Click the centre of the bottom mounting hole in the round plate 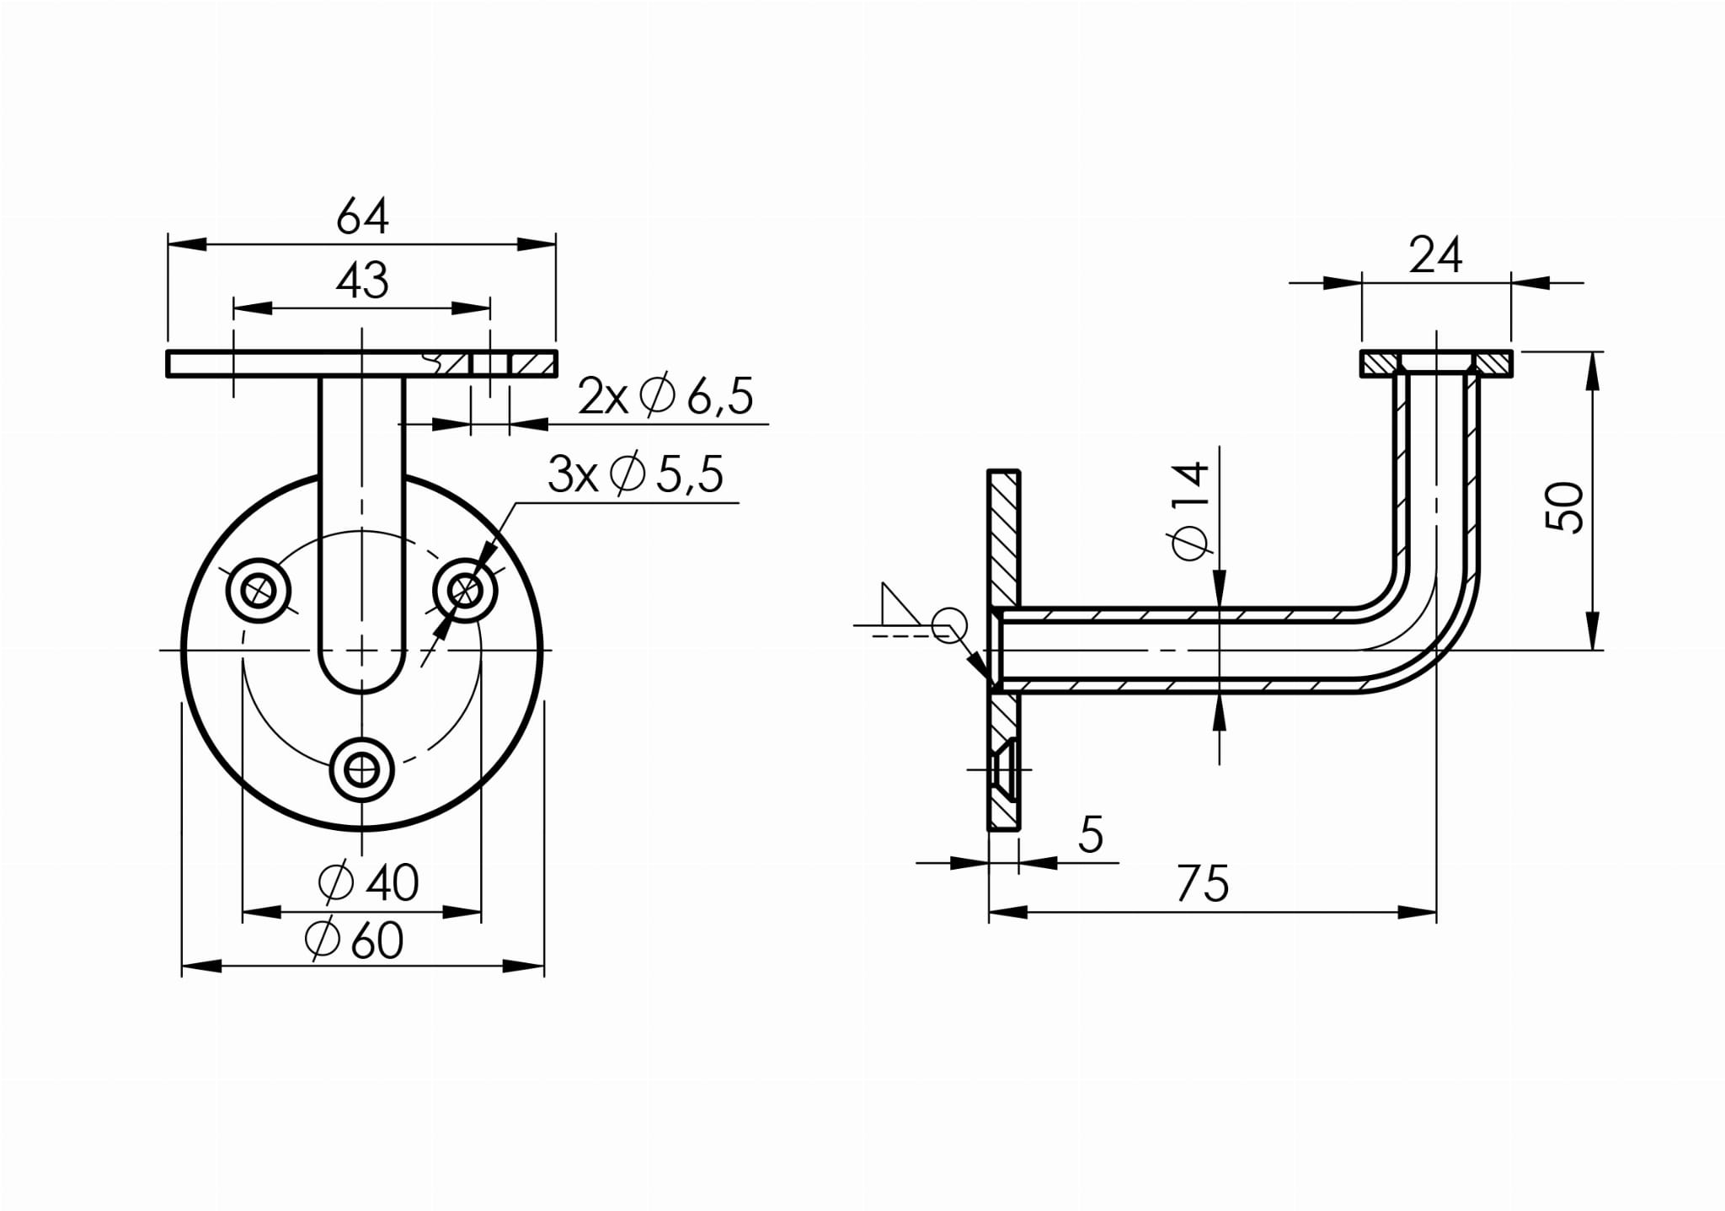click(362, 769)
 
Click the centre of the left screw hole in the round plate click(259, 590)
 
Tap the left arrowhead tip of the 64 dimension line click(168, 244)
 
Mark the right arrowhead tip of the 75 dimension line click(1437, 912)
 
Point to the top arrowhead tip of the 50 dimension click(1592, 351)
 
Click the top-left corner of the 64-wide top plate click(168, 351)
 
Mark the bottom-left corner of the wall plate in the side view click(988, 830)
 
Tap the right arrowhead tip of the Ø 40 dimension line click(482, 912)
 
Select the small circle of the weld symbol click(949, 625)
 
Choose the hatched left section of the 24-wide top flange click(1381, 363)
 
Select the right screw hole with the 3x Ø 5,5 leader click(465, 590)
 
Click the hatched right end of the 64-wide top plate click(533, 363)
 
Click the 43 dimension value click(362, 281)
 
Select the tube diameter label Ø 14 click(1189, 511)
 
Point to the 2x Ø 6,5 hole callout click(665, 396)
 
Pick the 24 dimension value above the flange click(1435, 255)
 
